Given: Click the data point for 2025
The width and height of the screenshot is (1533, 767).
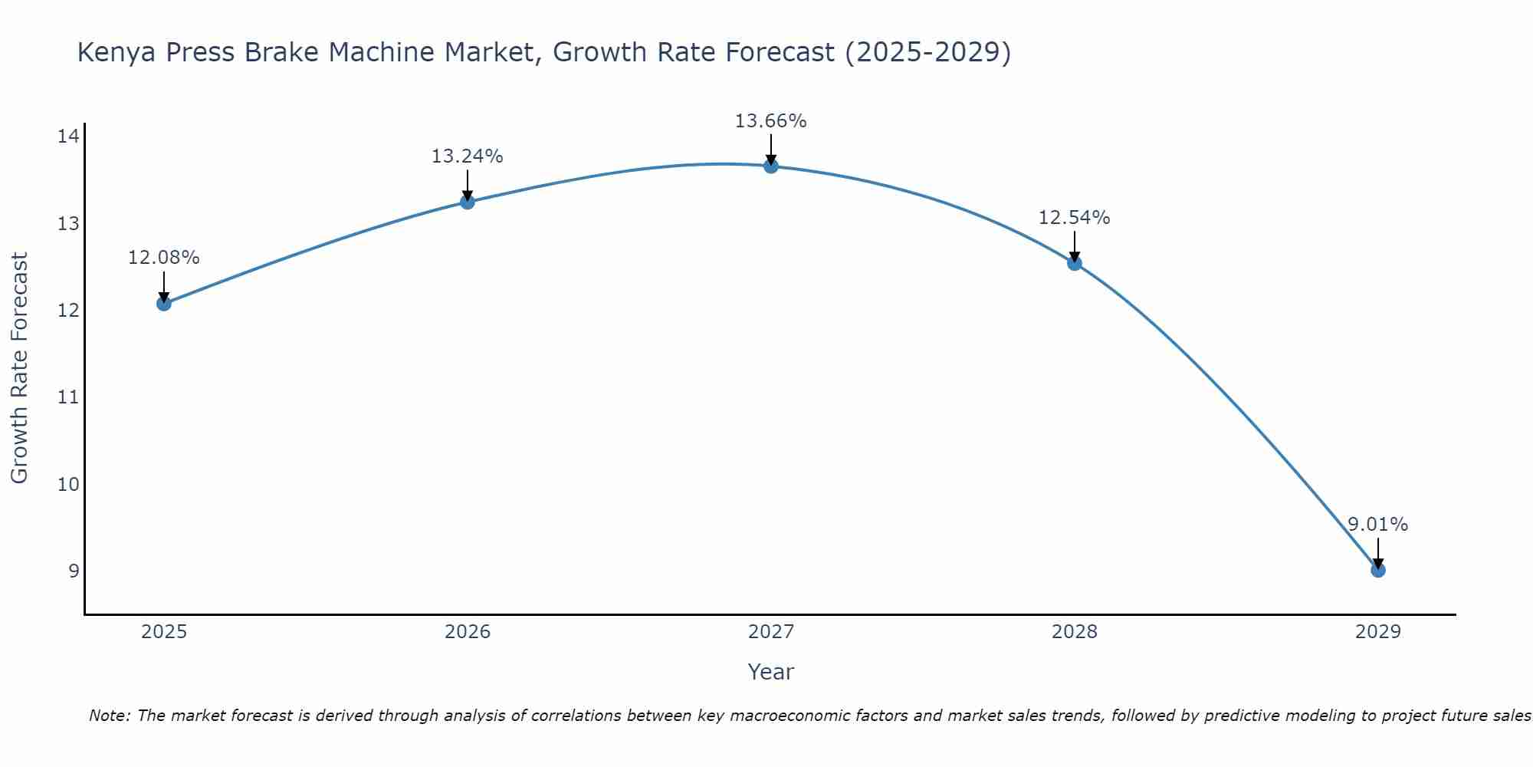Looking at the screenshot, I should click(163, 303).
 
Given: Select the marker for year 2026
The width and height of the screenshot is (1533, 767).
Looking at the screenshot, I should click(467, 202).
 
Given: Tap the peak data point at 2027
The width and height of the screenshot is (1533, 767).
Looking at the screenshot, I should click(770, 166).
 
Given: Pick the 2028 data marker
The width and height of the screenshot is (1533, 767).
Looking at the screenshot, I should click(1074, 263).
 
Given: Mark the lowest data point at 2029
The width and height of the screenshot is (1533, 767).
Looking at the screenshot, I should click(1377, 570).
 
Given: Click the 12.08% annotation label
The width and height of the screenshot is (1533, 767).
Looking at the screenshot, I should click(163, 258).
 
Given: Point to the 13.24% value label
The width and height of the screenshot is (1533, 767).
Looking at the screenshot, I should click(467, 156).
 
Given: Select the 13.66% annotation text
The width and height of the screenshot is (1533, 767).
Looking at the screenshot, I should click(770, 121).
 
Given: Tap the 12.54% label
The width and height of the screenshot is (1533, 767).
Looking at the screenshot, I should click(1074, 218).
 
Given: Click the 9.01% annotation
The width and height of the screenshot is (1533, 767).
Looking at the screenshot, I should click(1377, 525).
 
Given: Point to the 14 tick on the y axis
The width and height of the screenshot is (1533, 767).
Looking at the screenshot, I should click(68, 137).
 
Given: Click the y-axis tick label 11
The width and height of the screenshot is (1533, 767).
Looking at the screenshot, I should click(68, 397).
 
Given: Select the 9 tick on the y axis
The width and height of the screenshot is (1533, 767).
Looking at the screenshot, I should click(74, 571).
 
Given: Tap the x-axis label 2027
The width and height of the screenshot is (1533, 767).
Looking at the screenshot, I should click(770, 632).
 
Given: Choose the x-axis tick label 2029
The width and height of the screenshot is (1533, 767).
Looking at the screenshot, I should click(1377, 632).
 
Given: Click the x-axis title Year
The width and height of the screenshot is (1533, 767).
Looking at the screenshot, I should click(770, 672).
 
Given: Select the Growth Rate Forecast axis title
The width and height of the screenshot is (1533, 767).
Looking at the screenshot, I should click(19, 368).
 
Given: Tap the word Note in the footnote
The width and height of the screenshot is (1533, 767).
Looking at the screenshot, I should click(109, 716).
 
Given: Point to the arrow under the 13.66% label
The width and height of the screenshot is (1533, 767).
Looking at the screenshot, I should click(770, 150).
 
